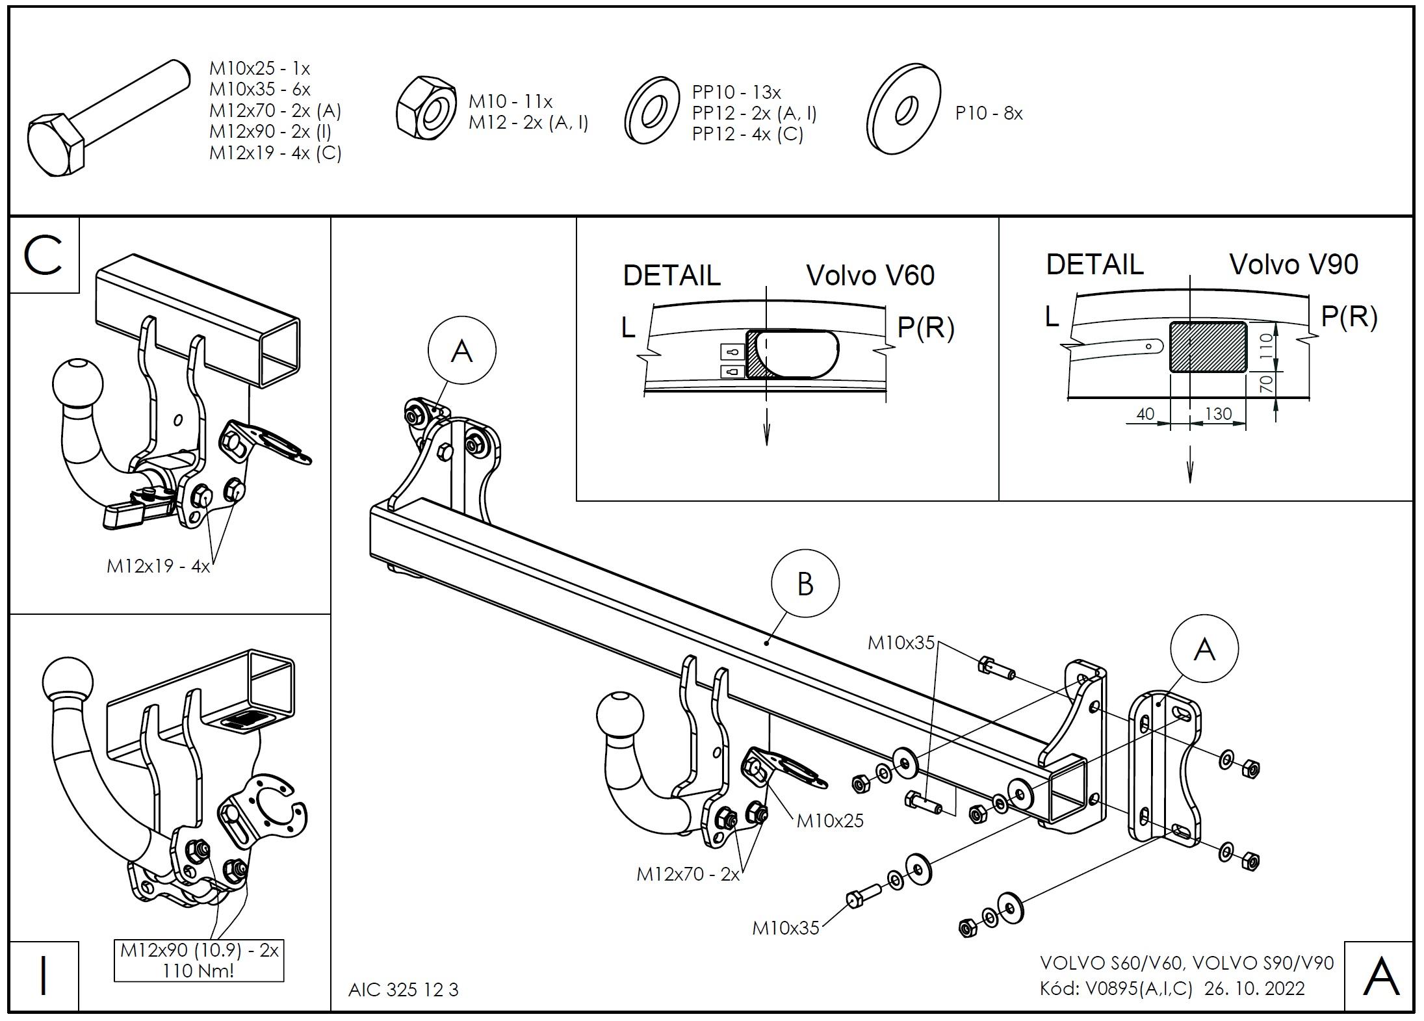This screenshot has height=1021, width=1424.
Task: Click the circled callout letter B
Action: pyautogui.click(x=805, y=583)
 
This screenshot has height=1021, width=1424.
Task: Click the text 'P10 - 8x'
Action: pyautogui.click(x=989, y=114)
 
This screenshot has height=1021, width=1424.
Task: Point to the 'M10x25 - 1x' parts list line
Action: pyautogui.click(x=259, y=68)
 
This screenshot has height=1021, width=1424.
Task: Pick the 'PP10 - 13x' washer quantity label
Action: pyautogui.click(x=736, y=92)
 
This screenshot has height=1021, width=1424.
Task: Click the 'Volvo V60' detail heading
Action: pyautogui.click(x=870, y=276)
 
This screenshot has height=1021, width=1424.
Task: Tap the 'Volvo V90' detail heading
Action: pyautogui.click(x=1293, y=265)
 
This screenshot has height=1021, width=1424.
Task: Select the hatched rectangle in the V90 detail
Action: pyautogui.click(x=1208, y=347)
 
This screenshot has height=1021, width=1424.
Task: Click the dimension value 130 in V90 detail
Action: pyautogui.click(x=1218, y=413)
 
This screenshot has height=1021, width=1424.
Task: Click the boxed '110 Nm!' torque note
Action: pyautogui.click(x=199, y=971)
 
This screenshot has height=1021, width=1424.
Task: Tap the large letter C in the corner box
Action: pyautogui.click(x=43, y=255)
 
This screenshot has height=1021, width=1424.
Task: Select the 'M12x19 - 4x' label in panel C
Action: pyautogui.click(x=158, y=566)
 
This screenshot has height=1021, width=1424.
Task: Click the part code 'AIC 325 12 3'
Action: pyautogui.click(x=403, y=990)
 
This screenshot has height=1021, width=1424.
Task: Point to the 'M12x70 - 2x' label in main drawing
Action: pyautogui.click(x=688, y=874)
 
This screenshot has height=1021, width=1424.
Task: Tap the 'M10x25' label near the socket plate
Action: pyautogui.click(x=830, y=821)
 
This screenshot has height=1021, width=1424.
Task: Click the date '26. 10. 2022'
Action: pyautogui.click(x=1254, y=989)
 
